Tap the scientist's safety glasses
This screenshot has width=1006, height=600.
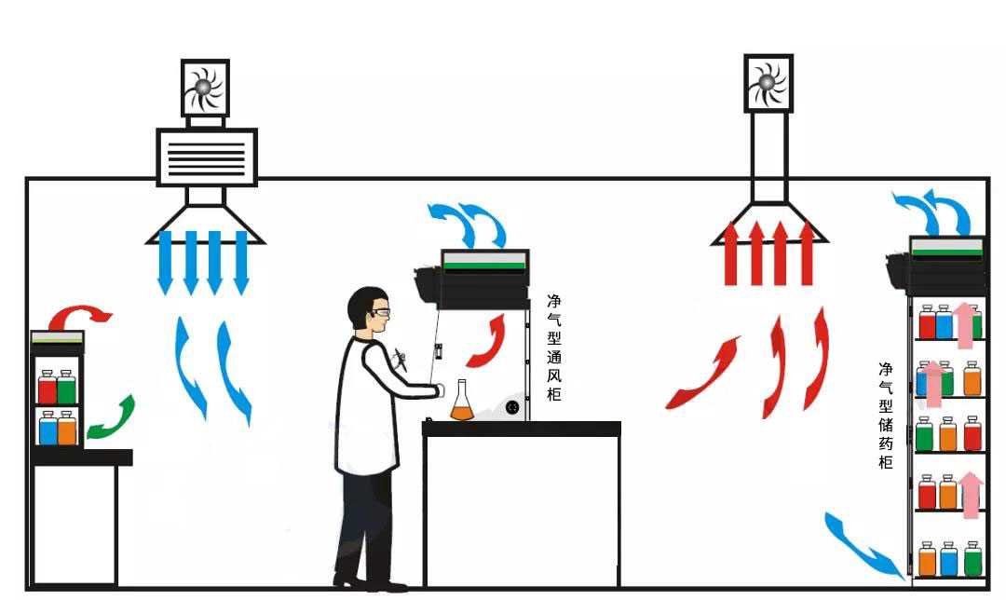[379, 311]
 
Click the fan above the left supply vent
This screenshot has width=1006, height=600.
[205, 89]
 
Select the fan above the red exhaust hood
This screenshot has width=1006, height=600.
[768, 84]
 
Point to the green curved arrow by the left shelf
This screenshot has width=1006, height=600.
[112, 418]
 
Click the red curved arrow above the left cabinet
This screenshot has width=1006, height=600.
[82, 315]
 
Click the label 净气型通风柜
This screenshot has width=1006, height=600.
[554, 348]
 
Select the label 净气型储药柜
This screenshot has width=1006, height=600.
[885, 415]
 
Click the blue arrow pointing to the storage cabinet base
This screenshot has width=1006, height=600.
[863, 546]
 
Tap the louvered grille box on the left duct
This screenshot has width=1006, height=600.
[206, 157]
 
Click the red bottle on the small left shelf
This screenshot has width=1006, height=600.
[47, 387]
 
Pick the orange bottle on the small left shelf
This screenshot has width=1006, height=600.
[66, 428]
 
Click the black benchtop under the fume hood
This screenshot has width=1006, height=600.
[521, 429]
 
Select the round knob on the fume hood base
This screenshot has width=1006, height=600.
[511, 406]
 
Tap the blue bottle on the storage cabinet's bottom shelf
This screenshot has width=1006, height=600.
[948, 559]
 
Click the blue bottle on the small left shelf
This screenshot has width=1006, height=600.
[48, 428]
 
